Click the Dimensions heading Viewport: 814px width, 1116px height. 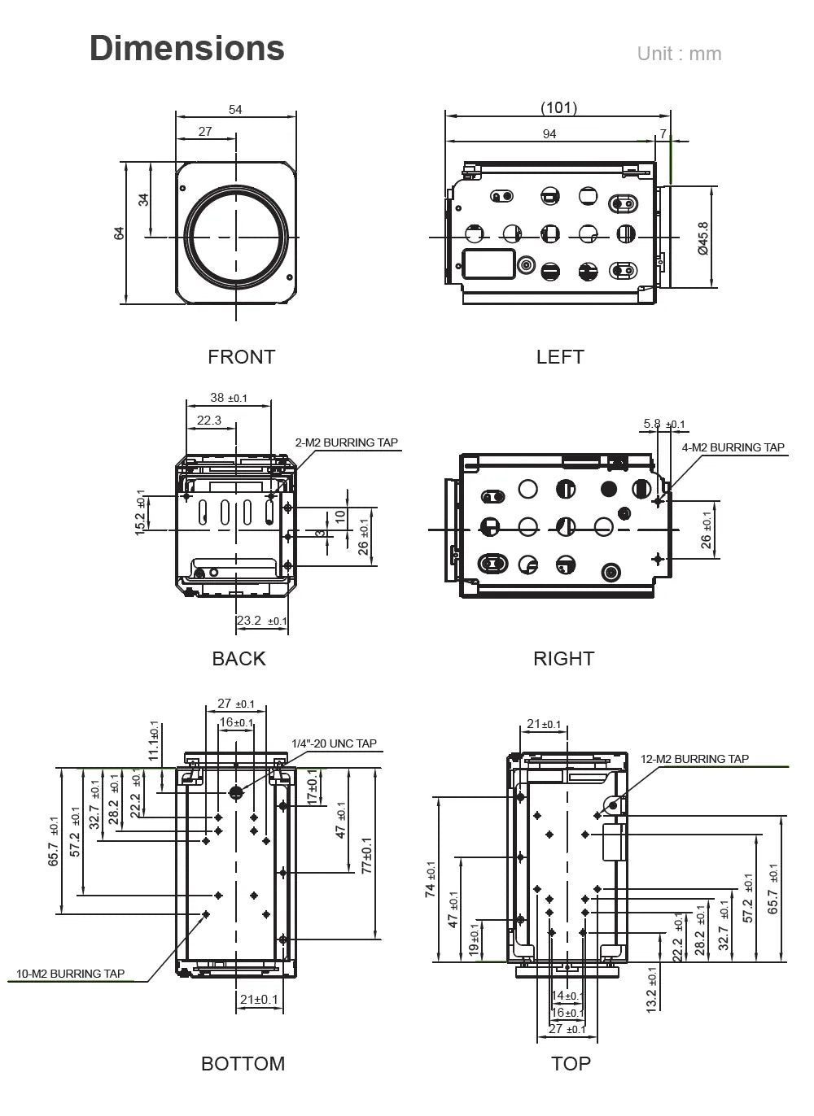coord(187,49)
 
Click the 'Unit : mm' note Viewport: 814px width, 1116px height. coord(679,54)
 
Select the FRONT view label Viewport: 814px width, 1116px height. coord(241,357)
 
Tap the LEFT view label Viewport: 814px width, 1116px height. coord(560,357)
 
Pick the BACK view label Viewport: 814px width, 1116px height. coord(239,659)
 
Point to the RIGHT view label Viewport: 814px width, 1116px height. coord(563,659)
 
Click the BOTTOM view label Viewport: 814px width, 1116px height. coord(243,1064)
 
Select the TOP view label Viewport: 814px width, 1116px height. coord(571,1064)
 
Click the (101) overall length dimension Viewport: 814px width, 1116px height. coord(558,108)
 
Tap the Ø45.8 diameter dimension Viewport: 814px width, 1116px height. coord(703,238)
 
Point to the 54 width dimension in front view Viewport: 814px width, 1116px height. coord(235,110)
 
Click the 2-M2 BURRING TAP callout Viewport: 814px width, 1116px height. coord(347,443)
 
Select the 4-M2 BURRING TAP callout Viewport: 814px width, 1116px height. coord(733,447)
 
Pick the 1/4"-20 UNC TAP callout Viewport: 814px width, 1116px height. coord(334,743)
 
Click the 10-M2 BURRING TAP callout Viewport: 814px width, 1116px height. coord(71,974)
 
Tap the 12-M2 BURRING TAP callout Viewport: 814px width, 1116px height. coord(694,759)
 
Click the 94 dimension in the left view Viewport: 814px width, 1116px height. coord(549,134)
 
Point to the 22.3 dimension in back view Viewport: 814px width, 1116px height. coord(209,421)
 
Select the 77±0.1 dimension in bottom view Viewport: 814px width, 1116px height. coord(366,856)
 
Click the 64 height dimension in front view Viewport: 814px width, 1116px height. coord(120,233)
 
